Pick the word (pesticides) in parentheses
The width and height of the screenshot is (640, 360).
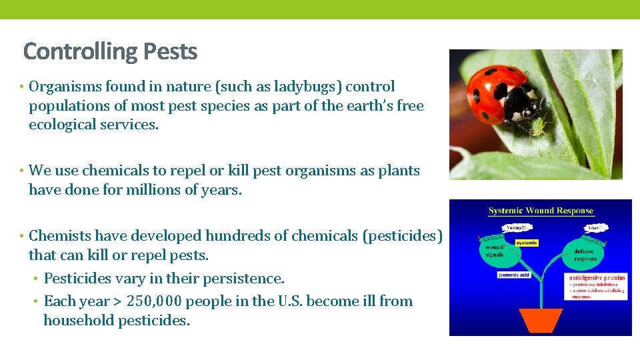click(403, 236)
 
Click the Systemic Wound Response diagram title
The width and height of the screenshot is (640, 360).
click(541, 211)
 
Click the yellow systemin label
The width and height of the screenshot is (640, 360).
click(526, 243)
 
